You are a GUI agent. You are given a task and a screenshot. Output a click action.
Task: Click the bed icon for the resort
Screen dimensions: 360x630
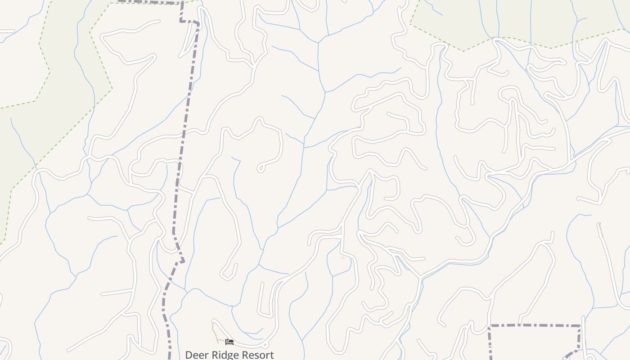[229, 342]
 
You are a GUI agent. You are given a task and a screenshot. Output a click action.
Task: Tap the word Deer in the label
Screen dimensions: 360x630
[197, 355]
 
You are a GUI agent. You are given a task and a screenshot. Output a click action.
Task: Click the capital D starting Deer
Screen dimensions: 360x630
[189, 355]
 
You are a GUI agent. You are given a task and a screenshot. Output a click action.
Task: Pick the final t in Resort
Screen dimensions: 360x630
[272, 355]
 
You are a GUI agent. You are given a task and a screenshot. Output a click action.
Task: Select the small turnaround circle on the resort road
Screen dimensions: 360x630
[265, 345]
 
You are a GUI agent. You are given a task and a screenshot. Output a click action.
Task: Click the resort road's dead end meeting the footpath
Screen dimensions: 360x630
[213, 321]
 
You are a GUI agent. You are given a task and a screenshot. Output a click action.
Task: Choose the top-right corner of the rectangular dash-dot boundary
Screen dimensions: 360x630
[580, 326]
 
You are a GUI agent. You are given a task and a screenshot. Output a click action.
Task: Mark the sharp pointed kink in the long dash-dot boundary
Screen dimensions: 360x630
[183, 261]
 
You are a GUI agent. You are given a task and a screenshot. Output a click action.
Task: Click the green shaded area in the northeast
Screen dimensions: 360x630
[517, 18]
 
